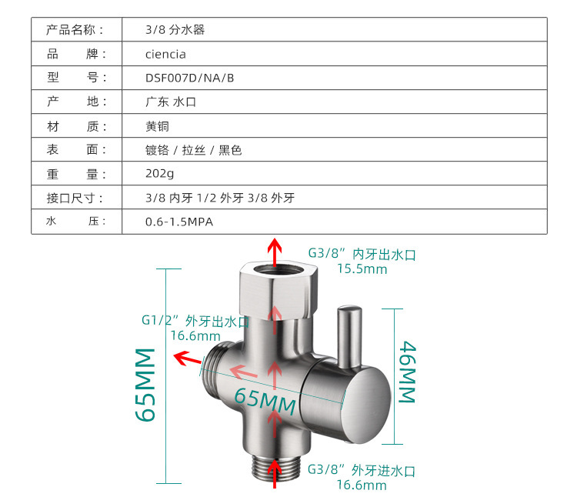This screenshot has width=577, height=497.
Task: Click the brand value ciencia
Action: [x=165, y=54]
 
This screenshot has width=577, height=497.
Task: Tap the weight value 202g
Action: [x=160, y=174]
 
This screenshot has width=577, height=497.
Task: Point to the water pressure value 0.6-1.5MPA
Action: [x=178, y=222]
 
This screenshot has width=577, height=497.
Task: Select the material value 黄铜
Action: [x=157, y=126]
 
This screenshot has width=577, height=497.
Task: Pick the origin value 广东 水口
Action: [x=171, y=102]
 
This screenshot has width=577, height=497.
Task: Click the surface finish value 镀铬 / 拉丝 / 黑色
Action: [x=194, y=150]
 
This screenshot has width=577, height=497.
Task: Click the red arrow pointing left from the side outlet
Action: [x=185, y=357]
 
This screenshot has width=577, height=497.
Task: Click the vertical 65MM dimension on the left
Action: [x=145, y=384]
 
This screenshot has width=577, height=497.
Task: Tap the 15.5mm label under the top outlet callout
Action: [x=362, y=269]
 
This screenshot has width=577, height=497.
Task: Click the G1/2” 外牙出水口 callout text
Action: [x=195, y=321]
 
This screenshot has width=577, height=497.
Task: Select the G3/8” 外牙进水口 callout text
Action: [x=362, y=470]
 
